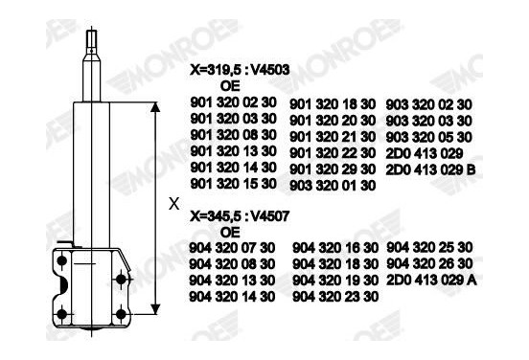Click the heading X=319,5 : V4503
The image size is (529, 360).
(x=241, y=70)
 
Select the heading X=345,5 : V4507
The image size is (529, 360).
(x=241, y=216)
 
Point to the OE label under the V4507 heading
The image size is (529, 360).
(x=230, y=232)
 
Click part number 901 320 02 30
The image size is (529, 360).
(x=234, y=102)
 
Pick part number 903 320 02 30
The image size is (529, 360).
(x=428, y=102)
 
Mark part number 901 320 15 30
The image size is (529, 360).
(x=234, y=183)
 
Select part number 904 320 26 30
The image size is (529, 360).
(x=428, y=263)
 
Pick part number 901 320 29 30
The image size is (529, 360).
(x=332, y=169)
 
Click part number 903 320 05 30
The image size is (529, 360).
(x=428, y=136)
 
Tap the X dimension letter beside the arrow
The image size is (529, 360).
(x=172, y=204)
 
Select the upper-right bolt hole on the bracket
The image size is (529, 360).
(x=120, y=280)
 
